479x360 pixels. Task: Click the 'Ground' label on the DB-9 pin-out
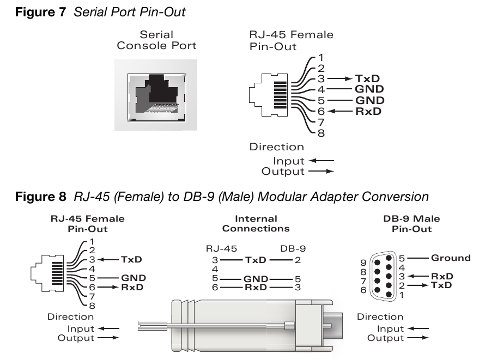(450, 258)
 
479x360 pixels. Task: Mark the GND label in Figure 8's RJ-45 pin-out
(134, 277)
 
